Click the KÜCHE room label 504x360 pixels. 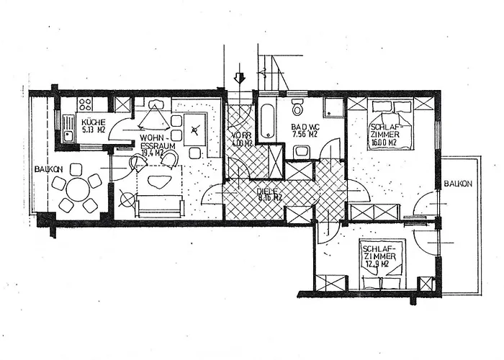click(94, 122)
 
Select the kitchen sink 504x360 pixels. click(68, 134)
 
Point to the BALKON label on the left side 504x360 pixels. click(48, 170)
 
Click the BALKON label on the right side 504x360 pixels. click(458, 184)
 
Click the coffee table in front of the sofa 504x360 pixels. click(160, 180)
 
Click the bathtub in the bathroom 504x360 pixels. click(266, 121)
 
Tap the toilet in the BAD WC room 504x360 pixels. click(297, 108)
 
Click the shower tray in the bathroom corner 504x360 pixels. click(333, 107)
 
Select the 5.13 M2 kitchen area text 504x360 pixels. click(94, 130)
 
